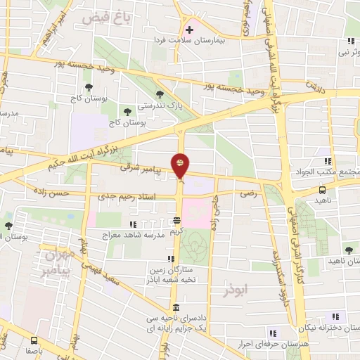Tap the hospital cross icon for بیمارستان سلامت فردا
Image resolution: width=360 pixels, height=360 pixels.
189,30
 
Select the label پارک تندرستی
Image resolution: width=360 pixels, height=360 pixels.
158,105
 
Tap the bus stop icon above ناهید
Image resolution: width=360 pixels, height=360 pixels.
322,189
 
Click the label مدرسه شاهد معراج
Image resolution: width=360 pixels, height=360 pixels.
135,235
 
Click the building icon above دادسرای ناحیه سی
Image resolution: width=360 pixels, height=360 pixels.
175,309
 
